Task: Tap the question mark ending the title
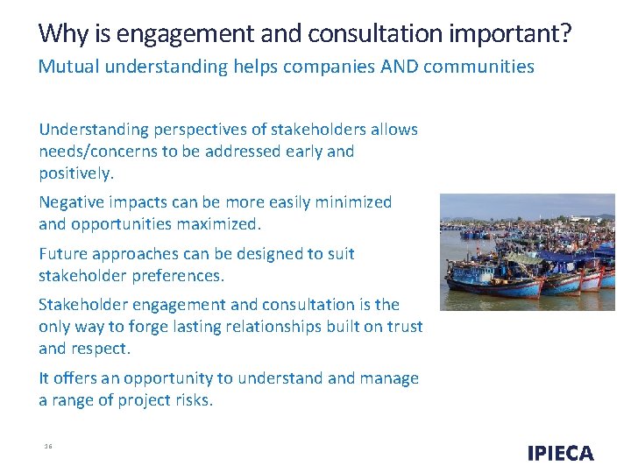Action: (566, 34)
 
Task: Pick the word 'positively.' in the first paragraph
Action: (76, 173)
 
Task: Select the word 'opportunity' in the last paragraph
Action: (168, 378)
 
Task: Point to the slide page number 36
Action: (48, 447)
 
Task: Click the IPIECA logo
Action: (560, 453)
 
